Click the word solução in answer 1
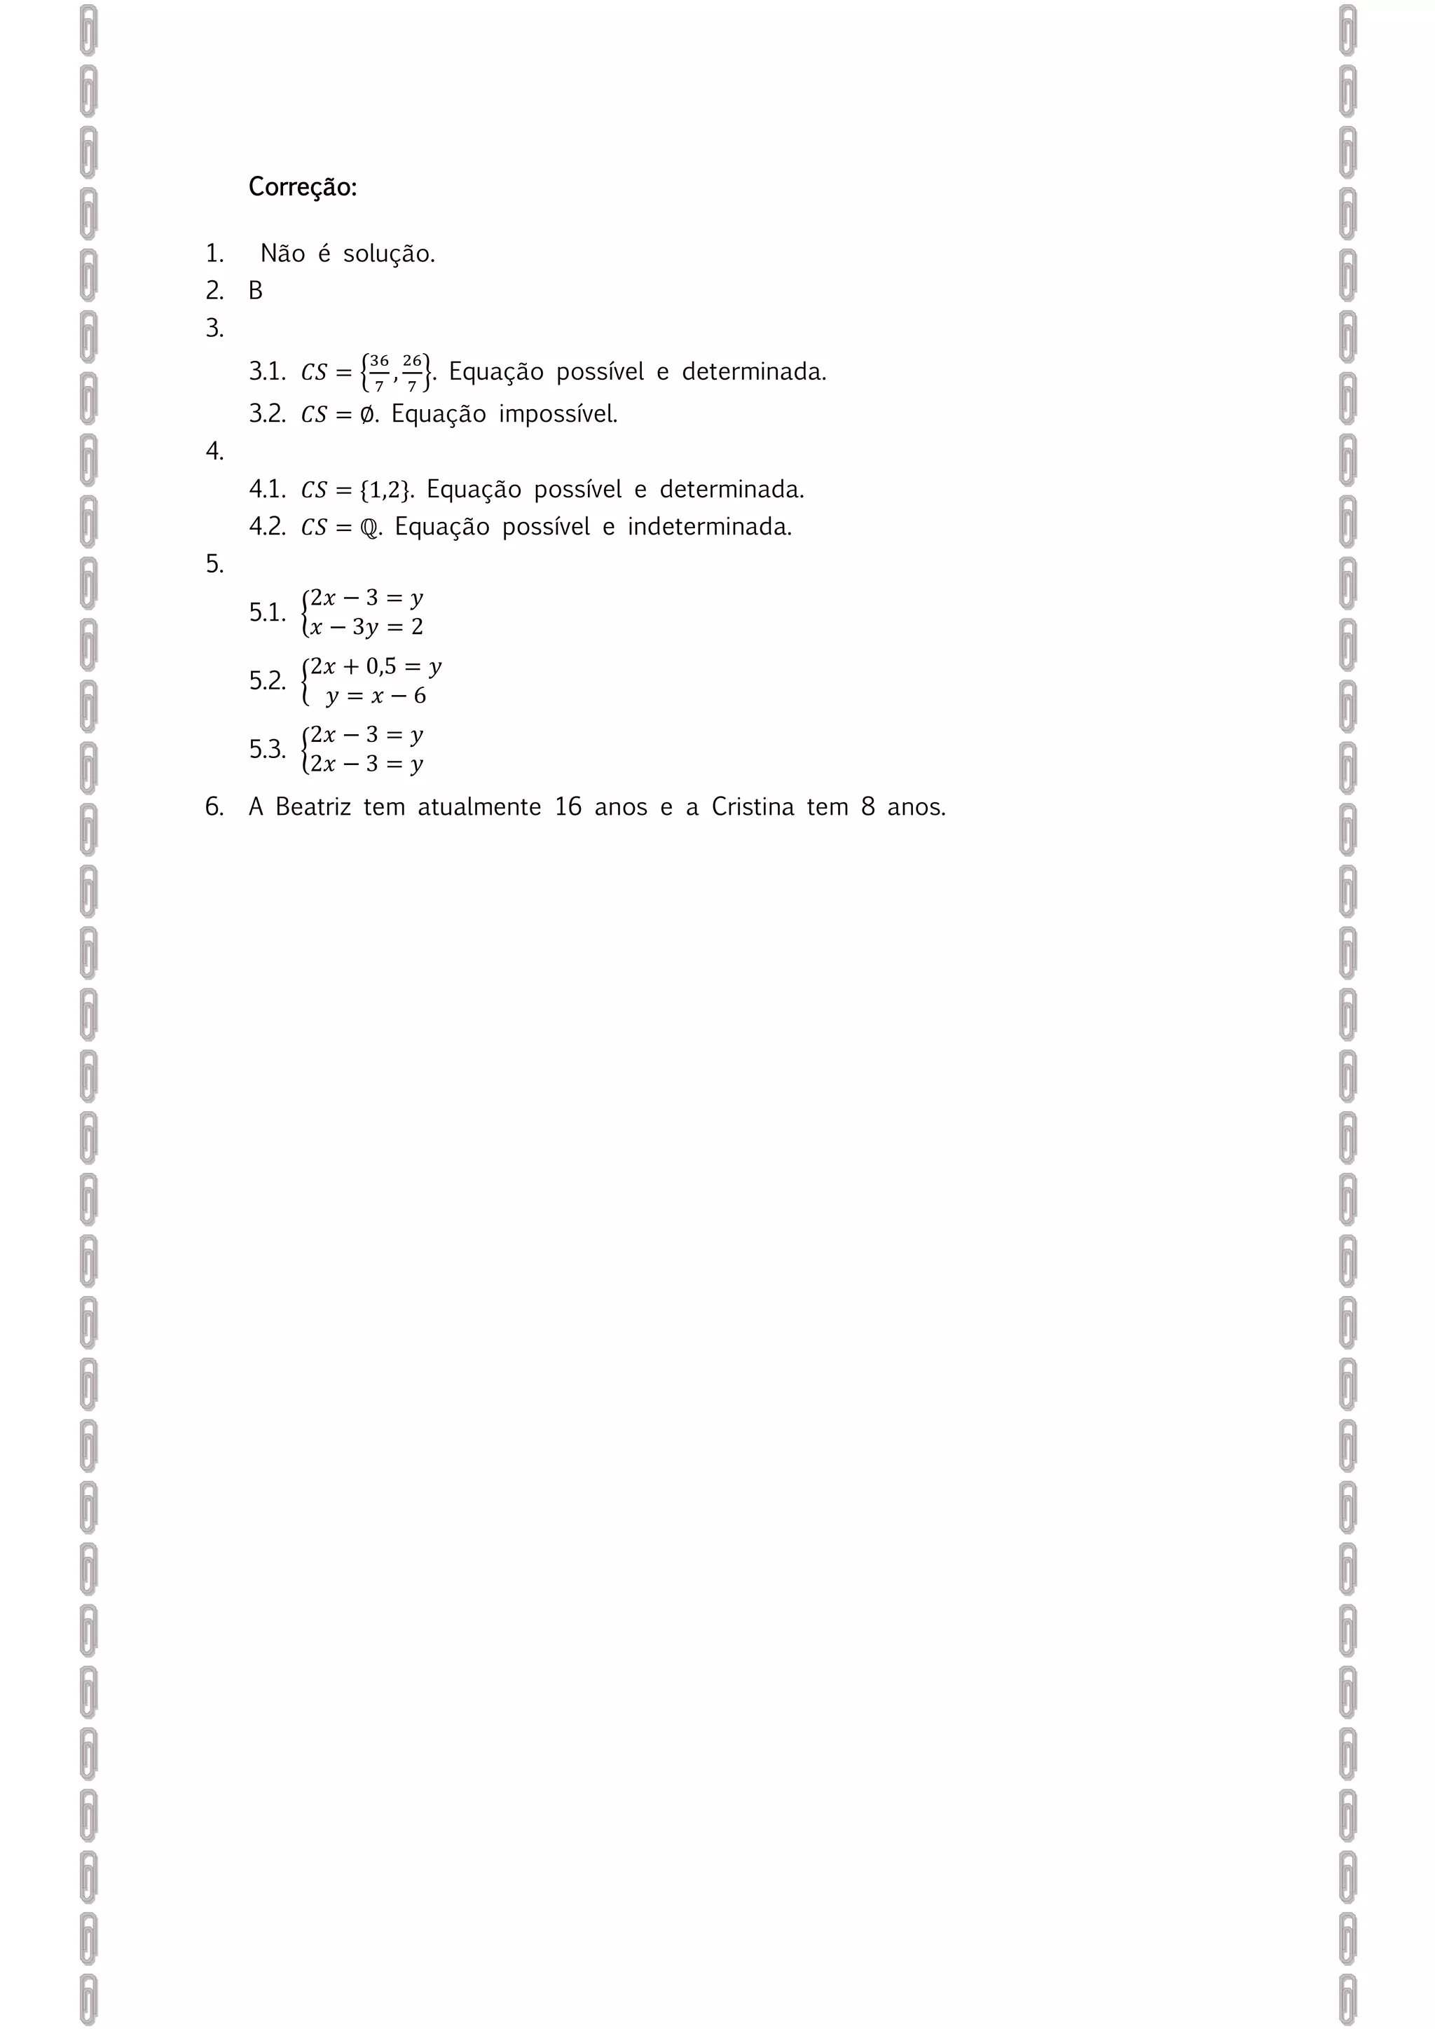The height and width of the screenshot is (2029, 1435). (389, 254)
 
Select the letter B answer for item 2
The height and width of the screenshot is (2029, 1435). (255, 291)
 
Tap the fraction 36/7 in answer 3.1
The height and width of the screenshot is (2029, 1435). (378, 372)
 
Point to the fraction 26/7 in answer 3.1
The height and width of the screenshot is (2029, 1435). (412, 372)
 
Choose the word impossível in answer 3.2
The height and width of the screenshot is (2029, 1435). (558, 415)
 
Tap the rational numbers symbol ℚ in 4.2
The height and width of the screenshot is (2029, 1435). (369, 528)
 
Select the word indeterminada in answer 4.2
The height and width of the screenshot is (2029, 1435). (710, 527)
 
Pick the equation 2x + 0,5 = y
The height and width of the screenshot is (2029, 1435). (376, 666)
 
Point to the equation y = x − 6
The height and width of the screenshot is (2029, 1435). (376, 696)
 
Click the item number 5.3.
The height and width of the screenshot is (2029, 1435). (267, 750)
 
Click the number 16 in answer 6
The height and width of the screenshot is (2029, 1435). (568, 807)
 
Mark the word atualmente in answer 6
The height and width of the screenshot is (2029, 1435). (479, 807)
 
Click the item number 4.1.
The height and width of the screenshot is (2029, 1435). (267, 490)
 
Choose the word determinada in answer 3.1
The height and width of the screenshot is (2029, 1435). (754, 372)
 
